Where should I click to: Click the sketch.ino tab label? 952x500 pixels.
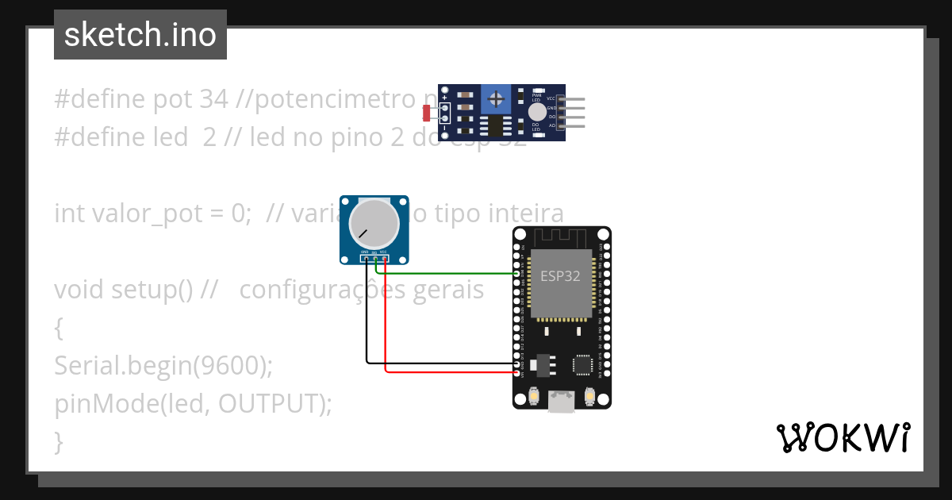pos(140,35)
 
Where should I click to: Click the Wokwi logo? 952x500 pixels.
pos(843,437)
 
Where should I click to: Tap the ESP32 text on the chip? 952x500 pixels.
pos(560,276)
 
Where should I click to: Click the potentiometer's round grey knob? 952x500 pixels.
pos(374,223)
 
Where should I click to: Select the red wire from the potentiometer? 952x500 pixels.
pos(385,317)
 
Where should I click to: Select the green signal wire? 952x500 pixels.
pos(444,273)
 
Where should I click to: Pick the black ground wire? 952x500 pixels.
pos(367,317)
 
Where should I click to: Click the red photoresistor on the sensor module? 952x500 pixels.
pos(427,113)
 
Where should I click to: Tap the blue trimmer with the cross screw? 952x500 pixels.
pos(497,99)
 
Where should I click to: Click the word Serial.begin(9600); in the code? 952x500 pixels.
pos(163,365)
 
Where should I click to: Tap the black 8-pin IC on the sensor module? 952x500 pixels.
pos(496,125)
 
